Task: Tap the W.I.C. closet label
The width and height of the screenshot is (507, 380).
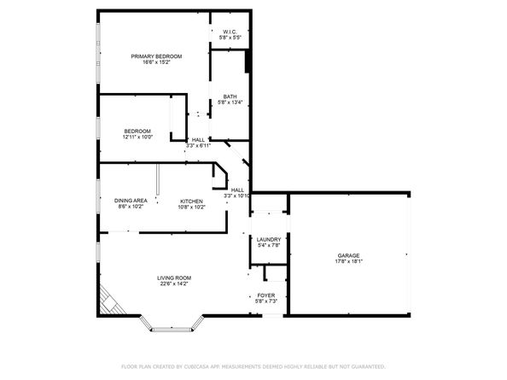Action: coord(230,32)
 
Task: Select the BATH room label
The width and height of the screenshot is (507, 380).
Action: coord(230,96)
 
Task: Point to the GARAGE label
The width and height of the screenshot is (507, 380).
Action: coord(347,254)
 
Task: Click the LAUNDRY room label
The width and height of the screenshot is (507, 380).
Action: coord(269,240)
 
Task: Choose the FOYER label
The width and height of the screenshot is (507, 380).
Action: coord(265,295)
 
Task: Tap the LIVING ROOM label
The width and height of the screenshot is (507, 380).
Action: coord(173,278)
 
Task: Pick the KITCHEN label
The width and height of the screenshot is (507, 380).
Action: coord(191,201)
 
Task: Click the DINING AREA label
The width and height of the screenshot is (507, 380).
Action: coord(131,201)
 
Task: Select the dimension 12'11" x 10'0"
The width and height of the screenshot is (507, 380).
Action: coord(137,137)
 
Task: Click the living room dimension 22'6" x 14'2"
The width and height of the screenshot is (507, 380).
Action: coord(173,284)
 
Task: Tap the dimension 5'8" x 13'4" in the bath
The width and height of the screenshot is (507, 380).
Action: coord(230,103)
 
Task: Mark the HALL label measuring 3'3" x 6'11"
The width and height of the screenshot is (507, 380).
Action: coord(198,139)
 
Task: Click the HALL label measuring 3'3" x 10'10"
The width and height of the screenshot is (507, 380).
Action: coord(237,190)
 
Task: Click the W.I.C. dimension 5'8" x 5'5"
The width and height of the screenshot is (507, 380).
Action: coord(230,38)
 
